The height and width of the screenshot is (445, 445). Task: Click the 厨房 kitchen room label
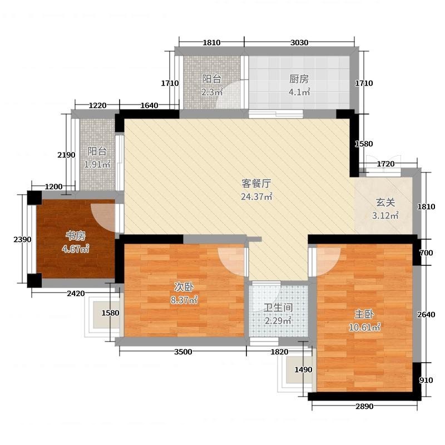[x=299, y=79]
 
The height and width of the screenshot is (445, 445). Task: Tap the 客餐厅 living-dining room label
[x=256, y=184]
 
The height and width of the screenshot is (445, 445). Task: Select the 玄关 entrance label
[x=385, y=202]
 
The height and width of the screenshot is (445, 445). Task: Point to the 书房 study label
[x=76, y=235]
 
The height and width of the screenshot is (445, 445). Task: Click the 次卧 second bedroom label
[x=184, y=287]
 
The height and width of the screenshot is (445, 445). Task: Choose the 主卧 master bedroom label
[x=364, y=314]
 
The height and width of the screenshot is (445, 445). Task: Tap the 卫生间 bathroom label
[x=278, y=308]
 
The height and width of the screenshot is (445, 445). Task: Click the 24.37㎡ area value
[x=256, y=196]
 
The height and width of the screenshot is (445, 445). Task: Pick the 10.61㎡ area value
[x=364, y=328]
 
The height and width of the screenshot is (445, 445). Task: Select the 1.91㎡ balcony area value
[x=97, y=164]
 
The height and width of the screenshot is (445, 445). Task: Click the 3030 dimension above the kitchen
[x=299, y=43]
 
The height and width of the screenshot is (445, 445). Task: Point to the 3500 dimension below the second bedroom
[x=183, y=352]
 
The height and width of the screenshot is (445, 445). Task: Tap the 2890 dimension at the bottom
[x=364, y=407]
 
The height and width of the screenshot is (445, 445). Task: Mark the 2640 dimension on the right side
[x=426, y=314]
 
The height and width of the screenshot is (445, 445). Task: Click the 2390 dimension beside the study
[x=22, y=240]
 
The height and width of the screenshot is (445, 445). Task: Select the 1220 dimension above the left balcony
[x=98, y=106]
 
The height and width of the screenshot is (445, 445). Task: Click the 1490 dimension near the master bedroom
[x=303, y=369]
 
